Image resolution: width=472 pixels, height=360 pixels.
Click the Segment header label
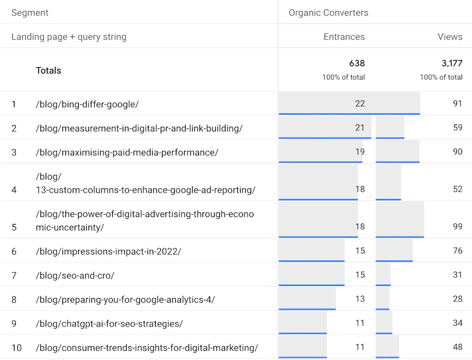click(30, 13)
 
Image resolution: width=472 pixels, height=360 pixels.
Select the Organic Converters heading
click(329, 13)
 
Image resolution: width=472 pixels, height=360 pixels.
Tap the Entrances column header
click(344, 37)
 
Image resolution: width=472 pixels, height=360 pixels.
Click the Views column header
click(450, 37)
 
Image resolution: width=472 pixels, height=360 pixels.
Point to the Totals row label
click(49, 71)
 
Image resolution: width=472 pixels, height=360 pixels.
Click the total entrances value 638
click(357, 63)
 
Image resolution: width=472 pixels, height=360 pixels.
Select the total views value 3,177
click(452, 63)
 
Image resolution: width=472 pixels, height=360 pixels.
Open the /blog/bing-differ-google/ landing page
click(87, 104)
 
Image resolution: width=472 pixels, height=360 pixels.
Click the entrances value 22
click(360, 104)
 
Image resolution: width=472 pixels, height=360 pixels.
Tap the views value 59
click(458, 128)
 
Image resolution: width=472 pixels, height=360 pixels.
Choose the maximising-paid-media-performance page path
click(127, 152)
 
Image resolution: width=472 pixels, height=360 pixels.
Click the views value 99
click(458, 226)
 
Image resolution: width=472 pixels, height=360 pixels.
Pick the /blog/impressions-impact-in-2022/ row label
click(109, 251)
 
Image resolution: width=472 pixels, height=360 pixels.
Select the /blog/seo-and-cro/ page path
click(75, 275)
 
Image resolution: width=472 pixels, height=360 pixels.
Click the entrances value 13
click(360, 299)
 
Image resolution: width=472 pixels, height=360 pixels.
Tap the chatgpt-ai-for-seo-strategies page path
click(109, 324)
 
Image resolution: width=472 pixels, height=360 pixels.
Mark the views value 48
click(458, 347)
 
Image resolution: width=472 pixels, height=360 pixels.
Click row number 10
click(17, 348)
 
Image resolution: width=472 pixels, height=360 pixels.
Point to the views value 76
click(458, 251)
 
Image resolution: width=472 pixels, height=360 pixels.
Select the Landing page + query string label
click(69, 37)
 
